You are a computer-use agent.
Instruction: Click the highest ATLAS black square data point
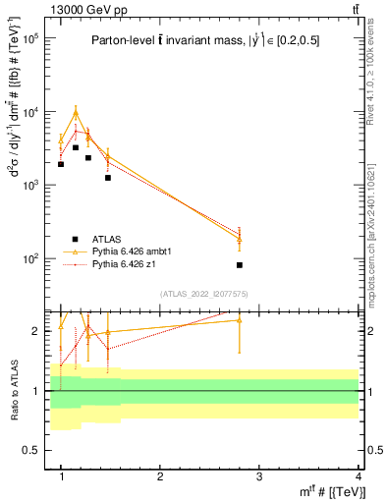pyautogui.click(x=76, y=147)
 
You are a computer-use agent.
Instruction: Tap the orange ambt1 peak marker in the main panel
pyautogui.click(x=76, y=113)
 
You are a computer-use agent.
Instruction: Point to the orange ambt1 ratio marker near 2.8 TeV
pyautogui.click(x=240, y=320)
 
